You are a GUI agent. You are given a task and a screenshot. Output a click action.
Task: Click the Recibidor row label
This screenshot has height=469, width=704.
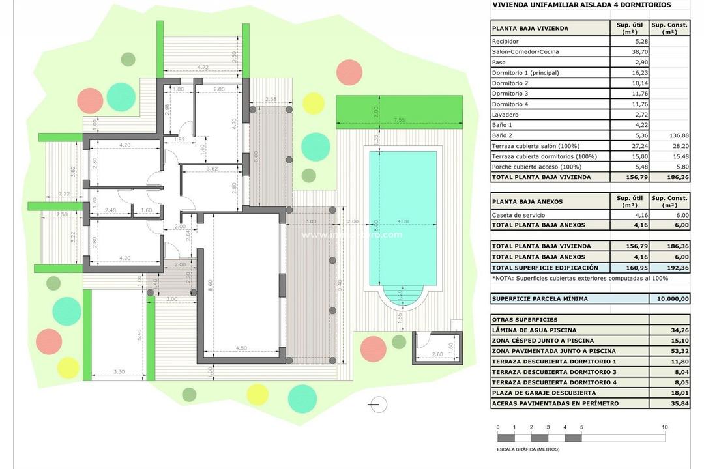tap(505, 41)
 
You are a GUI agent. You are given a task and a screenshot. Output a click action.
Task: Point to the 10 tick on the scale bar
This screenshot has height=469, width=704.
tap(664, 427)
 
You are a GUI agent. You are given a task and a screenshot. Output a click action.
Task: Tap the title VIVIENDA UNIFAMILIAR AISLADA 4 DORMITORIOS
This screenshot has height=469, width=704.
tap(581, 5)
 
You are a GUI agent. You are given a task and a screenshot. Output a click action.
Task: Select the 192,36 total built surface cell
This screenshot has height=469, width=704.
tap(669, 267)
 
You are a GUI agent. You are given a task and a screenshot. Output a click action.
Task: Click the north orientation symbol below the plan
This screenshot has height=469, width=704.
tap(377, 405)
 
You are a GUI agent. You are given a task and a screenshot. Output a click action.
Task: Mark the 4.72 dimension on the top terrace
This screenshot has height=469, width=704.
tap(202, 67)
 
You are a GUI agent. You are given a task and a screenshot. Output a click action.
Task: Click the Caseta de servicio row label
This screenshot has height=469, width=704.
tap(518, 215)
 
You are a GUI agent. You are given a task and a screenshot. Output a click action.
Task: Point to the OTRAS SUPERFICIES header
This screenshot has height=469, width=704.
tap(525, 320)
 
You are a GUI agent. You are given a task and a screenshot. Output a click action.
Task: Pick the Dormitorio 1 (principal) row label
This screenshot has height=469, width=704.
tap(525, 73)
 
